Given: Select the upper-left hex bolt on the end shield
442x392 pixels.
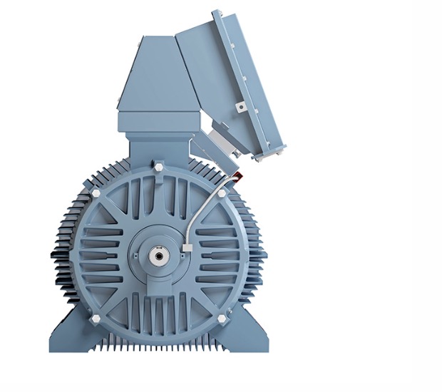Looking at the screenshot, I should (96, 192).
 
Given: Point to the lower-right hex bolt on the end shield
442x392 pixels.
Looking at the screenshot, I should (221, 317).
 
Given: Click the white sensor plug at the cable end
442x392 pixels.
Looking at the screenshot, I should (186, 247).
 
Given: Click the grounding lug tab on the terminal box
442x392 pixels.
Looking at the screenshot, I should (241, 106).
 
